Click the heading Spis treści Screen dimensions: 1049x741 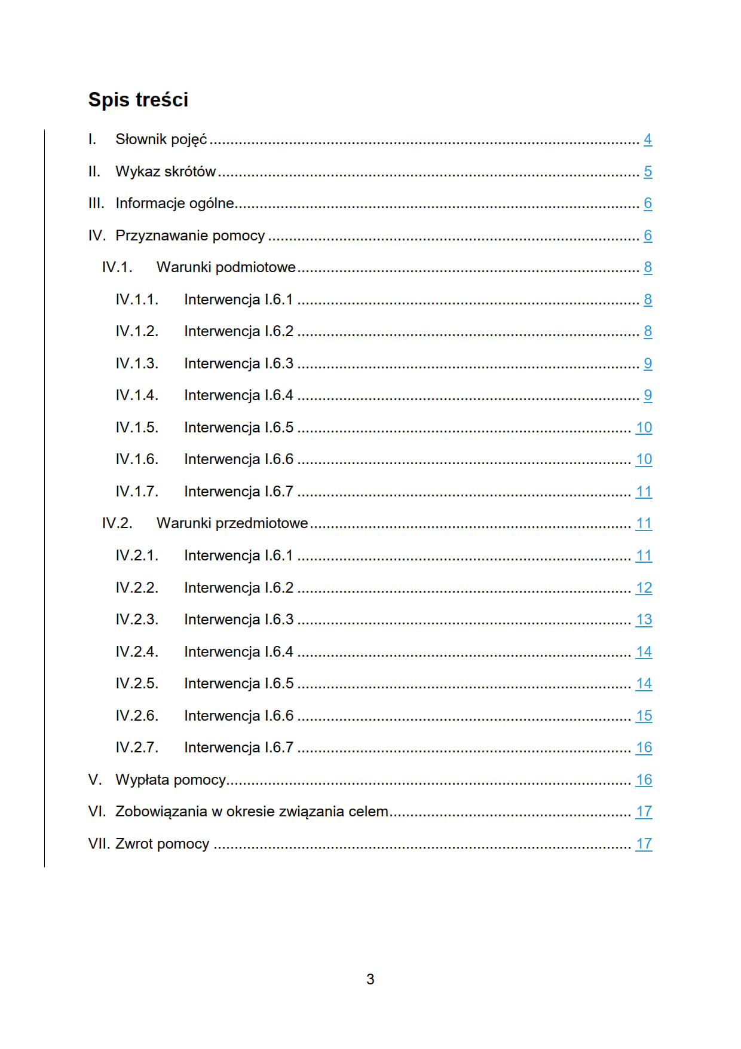coord(138,100)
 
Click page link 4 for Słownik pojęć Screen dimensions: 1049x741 coord(647,139)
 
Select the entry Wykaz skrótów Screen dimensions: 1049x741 coord(166,172)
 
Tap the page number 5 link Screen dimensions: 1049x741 coord(647,172)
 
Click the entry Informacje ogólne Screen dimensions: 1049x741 coord(174,203)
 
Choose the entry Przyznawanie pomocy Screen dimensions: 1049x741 coord(190,236)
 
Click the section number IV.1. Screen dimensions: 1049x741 coord(117,267)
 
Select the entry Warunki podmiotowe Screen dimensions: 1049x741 coord(226,267)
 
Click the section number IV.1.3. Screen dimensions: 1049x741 coord(137,364)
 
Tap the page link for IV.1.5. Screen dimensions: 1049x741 coord(644,428)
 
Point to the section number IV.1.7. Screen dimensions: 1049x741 coord(137,492)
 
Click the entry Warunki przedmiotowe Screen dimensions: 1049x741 coord(232,523)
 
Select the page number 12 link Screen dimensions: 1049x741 coord(644,588)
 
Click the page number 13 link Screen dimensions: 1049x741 coord(644,620)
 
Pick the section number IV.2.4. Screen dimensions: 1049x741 coord(137,652)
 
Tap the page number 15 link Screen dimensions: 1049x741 coord(644,716)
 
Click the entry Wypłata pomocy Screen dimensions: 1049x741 coord(170,780)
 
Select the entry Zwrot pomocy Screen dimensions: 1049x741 coord(162,844)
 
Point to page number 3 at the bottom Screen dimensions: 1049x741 coord(370,979)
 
